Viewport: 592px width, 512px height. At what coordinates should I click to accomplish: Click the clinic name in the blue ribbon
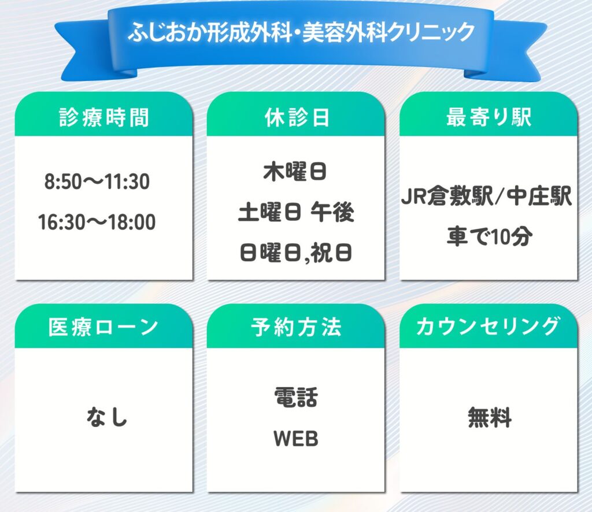coord(301,32)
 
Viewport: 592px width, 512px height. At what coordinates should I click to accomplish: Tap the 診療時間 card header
coord(104,117)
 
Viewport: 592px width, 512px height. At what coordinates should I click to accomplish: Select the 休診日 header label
coord(297,117)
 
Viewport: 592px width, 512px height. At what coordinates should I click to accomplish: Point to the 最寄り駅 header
coord(489,117)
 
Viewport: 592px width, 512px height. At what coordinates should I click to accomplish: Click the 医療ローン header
coord(103,327)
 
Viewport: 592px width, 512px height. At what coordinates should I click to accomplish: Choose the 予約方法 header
coord(297,327)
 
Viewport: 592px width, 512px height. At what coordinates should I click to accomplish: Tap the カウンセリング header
coord(488,327)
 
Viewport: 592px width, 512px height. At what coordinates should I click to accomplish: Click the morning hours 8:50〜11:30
coord(97,181)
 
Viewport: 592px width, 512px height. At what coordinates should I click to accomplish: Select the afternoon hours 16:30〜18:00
coord(97,222)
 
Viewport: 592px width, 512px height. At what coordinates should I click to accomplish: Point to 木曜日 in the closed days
coord(295,172)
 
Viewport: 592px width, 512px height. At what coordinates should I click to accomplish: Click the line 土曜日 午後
coord(296,212)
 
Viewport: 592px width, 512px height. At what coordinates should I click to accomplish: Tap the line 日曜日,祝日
coord(296,253)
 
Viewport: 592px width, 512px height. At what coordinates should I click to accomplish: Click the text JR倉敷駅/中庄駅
coord(486,196)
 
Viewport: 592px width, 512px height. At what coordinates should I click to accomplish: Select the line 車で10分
coord(490,236)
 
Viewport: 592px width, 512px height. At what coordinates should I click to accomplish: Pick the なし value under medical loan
coord(107,417)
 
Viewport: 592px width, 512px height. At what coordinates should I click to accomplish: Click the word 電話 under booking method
coord(296,398)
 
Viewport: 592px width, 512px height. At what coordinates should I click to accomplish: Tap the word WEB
coord(296,439)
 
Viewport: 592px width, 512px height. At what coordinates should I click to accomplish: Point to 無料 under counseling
coord(490,417)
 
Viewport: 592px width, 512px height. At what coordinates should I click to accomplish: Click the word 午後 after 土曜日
coord(332,212)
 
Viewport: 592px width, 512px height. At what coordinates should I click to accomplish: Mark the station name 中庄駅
coord(539,196)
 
